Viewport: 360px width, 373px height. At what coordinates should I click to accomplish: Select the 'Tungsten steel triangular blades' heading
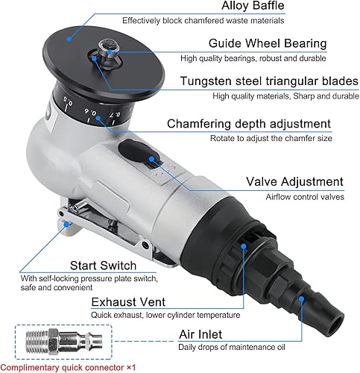(x=267, y=81)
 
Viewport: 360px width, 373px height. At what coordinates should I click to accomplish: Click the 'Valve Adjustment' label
(x=295, y=182)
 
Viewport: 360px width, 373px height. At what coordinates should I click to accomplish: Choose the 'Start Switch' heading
(x=103, y=265)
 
